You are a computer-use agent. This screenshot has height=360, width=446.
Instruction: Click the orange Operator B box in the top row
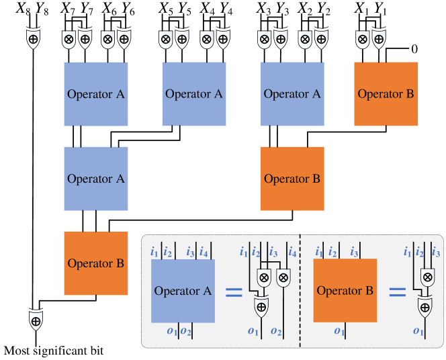point(386,94)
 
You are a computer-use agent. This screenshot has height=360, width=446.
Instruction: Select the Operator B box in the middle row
point(292,179)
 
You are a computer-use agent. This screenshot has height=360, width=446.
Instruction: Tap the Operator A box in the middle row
point(96,179)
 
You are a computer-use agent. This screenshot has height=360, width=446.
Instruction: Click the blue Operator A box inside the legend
point(183,291)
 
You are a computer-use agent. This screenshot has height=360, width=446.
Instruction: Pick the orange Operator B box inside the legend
point(345,291)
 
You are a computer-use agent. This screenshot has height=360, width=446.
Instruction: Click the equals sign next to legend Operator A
point(233,291)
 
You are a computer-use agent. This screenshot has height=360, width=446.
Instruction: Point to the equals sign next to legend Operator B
point(398,291)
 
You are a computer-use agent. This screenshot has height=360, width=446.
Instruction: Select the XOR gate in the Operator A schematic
point(260,308)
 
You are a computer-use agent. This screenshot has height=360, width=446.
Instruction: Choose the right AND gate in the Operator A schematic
point(283,277)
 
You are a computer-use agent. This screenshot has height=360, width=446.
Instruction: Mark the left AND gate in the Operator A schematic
point(263,277)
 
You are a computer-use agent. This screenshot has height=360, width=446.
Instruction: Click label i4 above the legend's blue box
point(204,253)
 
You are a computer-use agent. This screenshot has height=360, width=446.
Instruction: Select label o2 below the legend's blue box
point(185,330)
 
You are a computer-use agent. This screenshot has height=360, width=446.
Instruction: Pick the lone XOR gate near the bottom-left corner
point(36,321)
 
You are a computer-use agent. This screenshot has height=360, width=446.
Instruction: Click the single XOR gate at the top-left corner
point(33,40)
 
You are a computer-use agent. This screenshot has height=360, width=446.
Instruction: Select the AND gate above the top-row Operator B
point(362,40)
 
